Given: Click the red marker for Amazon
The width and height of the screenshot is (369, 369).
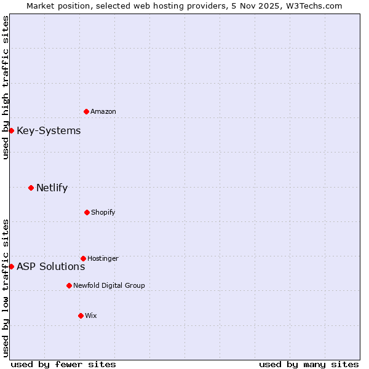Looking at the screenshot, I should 86,111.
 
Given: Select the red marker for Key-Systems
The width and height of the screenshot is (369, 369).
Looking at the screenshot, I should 11,130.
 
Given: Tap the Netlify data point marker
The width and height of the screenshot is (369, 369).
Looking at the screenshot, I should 31,188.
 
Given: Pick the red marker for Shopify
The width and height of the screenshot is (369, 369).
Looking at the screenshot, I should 87,212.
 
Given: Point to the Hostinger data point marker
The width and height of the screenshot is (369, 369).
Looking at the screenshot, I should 83,258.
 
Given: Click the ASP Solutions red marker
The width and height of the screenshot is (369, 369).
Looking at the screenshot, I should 11,266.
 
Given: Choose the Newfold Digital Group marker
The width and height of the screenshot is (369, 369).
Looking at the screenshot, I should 69,285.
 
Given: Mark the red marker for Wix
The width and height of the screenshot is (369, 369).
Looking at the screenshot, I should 81,315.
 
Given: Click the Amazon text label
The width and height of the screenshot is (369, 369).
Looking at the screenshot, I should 103,111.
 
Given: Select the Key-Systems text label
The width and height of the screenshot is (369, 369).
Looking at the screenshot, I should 49,130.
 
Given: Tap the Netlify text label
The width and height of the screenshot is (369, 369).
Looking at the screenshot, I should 52,188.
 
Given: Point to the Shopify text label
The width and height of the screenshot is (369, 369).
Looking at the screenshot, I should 103,212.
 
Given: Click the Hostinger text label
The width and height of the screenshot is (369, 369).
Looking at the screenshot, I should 103,258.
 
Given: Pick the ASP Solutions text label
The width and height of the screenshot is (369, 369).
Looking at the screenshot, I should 50,266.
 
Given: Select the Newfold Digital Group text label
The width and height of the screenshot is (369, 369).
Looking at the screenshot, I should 109,285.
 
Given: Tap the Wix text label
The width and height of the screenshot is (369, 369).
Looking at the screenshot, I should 91,315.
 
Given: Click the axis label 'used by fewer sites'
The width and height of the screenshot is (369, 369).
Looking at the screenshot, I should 63,364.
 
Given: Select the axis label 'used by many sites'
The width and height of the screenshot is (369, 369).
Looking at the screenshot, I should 309,364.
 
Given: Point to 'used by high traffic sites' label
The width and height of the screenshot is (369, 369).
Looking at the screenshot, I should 6,88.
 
